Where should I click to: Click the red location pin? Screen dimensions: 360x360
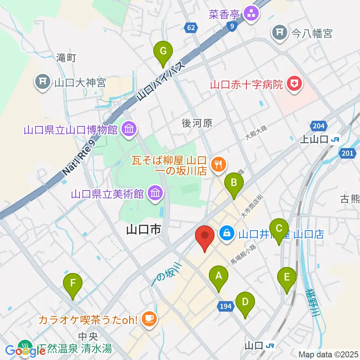205,236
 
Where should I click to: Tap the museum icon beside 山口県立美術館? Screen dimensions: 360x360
154,193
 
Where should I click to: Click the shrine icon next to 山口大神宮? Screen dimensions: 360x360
43,82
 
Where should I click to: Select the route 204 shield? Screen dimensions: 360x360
318,126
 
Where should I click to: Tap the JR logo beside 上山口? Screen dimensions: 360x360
335,139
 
